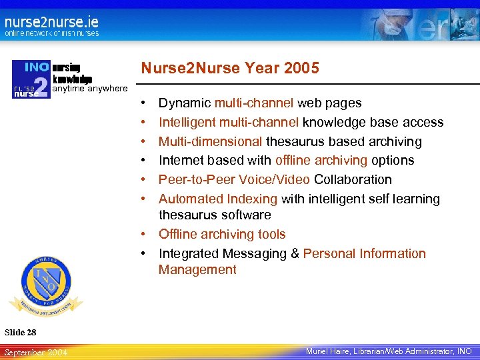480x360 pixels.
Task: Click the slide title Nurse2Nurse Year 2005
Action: [x=229, y=68]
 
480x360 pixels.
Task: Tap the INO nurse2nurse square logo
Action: [x=31, y=79]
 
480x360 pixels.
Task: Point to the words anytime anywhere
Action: [x=90, y=88]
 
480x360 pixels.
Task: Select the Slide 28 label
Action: [x=20, y=332]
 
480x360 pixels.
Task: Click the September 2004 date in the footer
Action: [x=35, y=351]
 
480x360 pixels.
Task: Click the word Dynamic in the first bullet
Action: [x=185, y=103]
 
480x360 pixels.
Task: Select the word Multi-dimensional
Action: [x=210, y=141]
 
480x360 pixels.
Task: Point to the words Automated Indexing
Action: [x=218, y=199]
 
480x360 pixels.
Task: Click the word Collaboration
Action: [x=353, y=179]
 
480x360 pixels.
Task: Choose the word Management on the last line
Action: [x=197, y=269]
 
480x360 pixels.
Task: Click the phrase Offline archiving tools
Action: [x=222, y=234]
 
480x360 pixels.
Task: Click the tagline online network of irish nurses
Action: [x=51, y=33]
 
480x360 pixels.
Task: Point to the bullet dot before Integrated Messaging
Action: [x=145, y=253]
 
